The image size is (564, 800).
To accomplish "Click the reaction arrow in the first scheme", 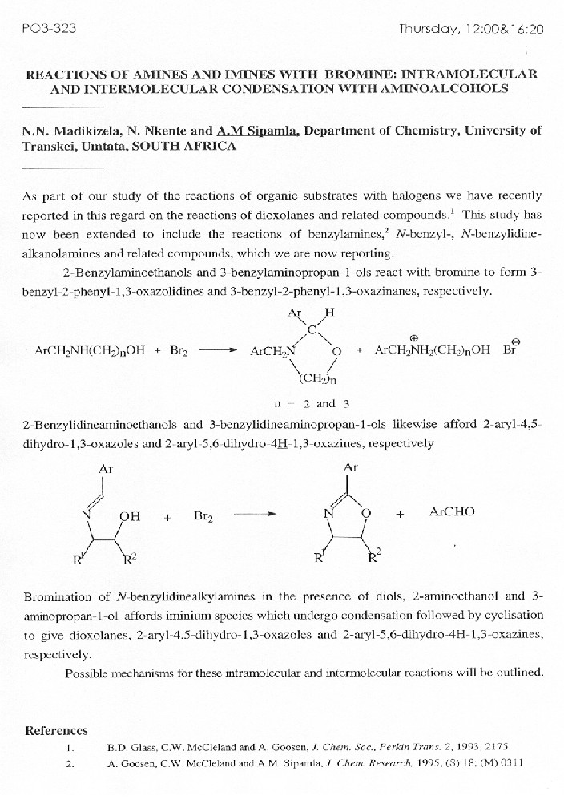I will point(217,351).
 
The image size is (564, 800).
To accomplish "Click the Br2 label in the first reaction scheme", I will point(178,352).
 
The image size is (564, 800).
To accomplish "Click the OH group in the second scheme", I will point(130,516).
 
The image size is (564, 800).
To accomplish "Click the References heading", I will point(56,730).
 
